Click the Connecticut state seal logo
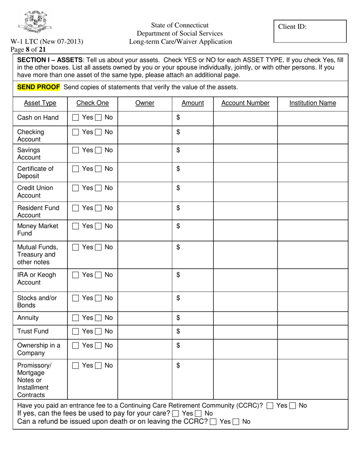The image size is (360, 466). coord(35,22)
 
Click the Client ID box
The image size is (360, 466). coord(310,31)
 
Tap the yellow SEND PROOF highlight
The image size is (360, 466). coord(39,87)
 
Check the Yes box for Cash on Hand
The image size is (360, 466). coord(75,118)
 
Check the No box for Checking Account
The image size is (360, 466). coord(98,132)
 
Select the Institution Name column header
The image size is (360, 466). coord(313,103)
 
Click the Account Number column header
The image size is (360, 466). coord(245,103)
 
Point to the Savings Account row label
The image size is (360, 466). coord(28,153)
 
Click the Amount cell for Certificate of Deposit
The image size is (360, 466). coord(193,172)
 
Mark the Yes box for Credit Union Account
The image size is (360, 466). coord(75,188)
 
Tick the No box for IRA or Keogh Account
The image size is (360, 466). coord(98,275)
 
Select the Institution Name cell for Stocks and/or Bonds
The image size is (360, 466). coord(313,302)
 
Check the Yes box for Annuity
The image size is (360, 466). coord(75,318)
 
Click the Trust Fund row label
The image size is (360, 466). coord(33,332)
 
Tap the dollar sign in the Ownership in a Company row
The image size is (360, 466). coord(179,346)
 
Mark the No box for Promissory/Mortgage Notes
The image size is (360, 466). coord(98,366)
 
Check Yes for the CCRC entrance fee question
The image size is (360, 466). coord(269,406)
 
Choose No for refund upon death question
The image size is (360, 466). coord(235,421)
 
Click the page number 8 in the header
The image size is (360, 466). coord(28,48)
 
